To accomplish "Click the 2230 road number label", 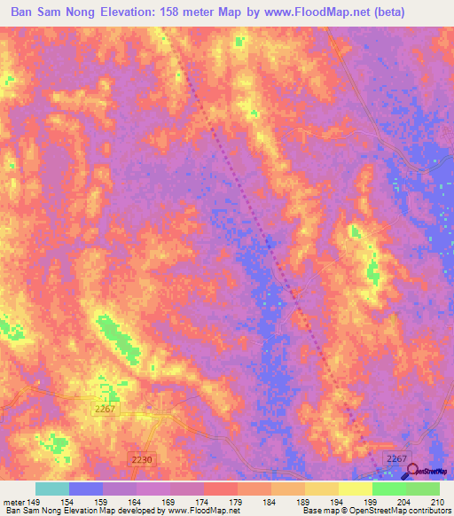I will (x=140, y=460).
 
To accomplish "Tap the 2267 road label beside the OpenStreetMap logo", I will (x=395, y=457).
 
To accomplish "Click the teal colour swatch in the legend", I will (x=52, y=489).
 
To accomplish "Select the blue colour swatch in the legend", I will (x=86, y=489).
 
